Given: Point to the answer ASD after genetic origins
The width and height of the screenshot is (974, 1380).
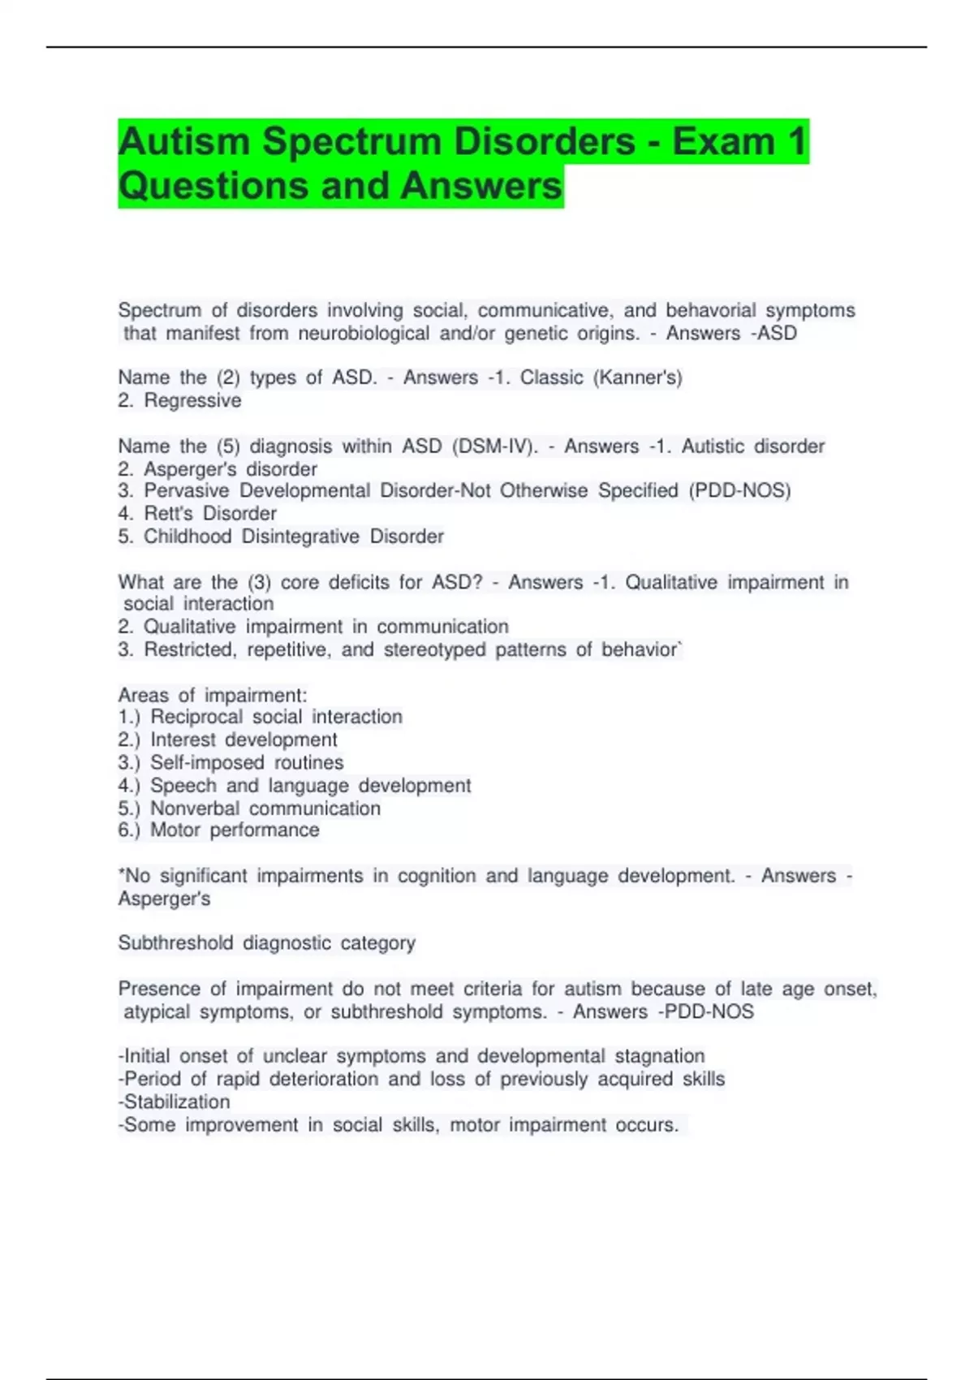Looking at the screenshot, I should tap(777, 334).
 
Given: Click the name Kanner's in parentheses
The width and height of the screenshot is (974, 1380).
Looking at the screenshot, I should tap(638, 377).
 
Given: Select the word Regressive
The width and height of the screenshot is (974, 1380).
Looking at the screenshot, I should tap(192, 400).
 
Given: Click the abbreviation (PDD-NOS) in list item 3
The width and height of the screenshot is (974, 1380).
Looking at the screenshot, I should tap(739, 490).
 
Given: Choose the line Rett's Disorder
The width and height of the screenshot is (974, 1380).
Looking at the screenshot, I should tap(197, 513).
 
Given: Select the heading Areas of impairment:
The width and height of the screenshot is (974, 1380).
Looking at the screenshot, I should tap(213, 695).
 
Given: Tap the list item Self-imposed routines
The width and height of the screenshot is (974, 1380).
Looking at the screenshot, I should tap(247, 762).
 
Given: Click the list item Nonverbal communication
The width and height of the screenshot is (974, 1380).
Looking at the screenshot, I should tap(265, 809).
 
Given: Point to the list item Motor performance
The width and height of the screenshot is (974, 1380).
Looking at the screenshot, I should tap(235, 830).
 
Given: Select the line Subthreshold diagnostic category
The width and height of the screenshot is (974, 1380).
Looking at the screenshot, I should tap(267, 942).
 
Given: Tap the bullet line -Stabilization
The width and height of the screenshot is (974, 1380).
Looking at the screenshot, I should tap(175, 1102).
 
